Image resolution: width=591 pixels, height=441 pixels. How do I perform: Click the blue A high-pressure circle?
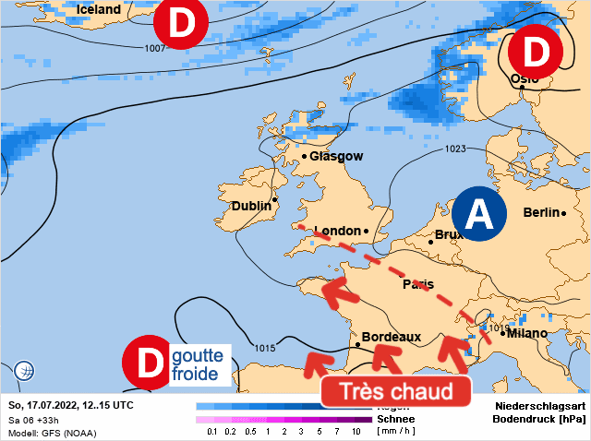[479, 214]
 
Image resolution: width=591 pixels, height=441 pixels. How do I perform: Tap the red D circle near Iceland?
[181, 26]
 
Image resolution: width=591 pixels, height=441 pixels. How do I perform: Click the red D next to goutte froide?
[147, 363]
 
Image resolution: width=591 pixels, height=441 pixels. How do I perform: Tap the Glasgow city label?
[336, 157]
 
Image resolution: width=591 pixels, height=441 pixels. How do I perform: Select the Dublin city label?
[251, 207]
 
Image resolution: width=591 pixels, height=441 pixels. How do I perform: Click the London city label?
[337, 231]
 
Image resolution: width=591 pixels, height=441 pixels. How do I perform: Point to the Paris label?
[418, 284]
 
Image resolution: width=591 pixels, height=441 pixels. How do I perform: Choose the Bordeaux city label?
[392, 338]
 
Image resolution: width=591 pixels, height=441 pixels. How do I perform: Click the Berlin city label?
[541, 212]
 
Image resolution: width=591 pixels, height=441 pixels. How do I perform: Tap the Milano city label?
[527, 333]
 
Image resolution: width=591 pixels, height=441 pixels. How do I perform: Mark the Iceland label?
[99, 9]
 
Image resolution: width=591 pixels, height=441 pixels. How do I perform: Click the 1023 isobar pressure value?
[455, 149]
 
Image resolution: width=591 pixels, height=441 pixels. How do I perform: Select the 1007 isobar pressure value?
[156, 48]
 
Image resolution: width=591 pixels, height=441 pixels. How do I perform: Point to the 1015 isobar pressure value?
[264, 348]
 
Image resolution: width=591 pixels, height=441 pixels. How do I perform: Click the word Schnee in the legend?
[395, 419]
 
